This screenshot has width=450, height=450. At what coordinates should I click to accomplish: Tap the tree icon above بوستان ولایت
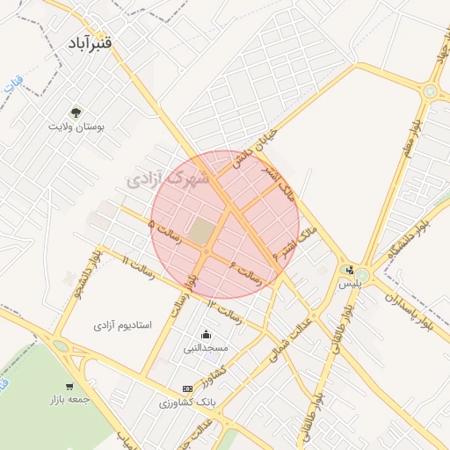coord(76,112)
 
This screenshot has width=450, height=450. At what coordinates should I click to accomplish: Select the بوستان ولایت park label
coord(76,127)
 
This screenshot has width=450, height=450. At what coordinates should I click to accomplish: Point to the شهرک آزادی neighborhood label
coord(168,180)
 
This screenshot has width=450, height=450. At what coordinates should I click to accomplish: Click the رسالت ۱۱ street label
coord(139,269)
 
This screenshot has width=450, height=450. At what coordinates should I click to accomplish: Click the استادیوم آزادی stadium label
coord(123,325)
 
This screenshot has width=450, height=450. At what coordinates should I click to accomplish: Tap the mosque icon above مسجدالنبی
coord(206,334)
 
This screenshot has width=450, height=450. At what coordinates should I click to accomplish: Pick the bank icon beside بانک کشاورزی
coord(187,388)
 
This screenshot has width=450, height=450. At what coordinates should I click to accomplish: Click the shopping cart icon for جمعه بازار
coord(69,387)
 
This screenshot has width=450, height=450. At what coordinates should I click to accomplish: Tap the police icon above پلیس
coord(351,270)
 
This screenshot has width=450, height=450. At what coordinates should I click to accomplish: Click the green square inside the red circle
coord(202,232)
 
